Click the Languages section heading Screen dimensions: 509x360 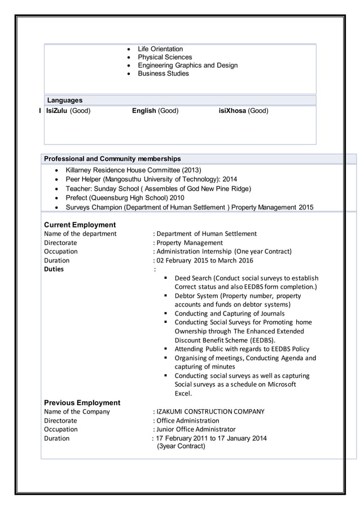[x=64, y=100]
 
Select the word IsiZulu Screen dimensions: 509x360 [x=57, y=111]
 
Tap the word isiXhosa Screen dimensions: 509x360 [x=232, y=111]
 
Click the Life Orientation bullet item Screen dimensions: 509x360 [x=160, y=49]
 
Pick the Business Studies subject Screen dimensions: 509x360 [x=163, y=73]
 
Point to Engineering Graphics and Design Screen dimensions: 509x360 [x=187, y=65]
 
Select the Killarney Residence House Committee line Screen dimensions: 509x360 [x=133, y=170]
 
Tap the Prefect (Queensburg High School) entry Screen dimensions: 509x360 [x=125, y=198]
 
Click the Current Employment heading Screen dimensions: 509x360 [x=80, y=225]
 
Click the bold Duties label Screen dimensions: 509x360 [x=54, y=269]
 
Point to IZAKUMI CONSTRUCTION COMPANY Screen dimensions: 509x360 [x=210, y=411]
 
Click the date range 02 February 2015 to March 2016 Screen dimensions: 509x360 [x=204, y=260]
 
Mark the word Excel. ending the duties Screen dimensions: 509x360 [x=183, y=393]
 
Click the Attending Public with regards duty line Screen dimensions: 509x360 [x=242, y=349]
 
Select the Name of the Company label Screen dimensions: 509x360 [x=77, y=411]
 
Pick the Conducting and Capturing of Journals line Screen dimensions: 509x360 [x=229, y=313]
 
